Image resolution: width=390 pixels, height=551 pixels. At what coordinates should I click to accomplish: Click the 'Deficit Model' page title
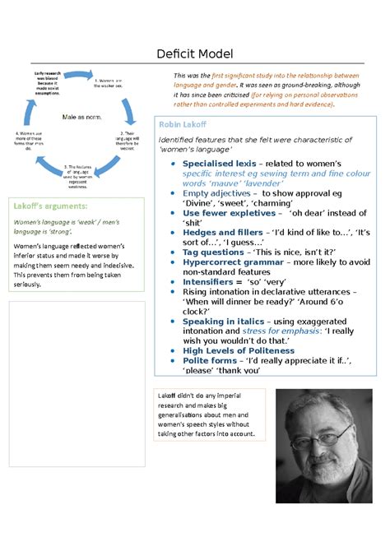pyautogui.click(x=195, y=54)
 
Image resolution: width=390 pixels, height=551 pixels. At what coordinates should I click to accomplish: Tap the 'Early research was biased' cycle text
pyautogui.click(x=47, y=83)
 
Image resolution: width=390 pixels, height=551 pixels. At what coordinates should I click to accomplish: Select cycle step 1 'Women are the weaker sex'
pyautogui.click(x=108, y=83)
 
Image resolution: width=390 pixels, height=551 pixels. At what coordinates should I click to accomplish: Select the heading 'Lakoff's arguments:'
pyautogui.click(x=47, y=205)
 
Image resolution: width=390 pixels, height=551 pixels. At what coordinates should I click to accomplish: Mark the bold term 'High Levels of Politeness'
pyautogui.click(x=238, y=350)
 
